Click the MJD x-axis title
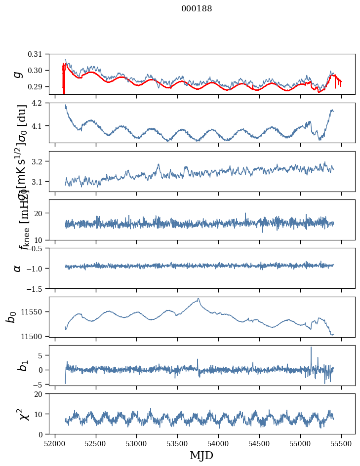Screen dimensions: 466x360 pyautogui.click(x=201, y=455)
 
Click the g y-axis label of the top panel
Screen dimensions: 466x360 pyautogui.click(x=18, y=74)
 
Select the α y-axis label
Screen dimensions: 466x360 pyautogui.click(x=18, y=268)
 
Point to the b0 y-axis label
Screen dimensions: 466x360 pyautogui.click(x=11, y=316)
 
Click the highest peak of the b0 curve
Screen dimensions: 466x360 pyautogui.click(x=198, y=299)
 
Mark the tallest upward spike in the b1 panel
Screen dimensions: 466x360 pyautogui.click(x=311, y=347)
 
